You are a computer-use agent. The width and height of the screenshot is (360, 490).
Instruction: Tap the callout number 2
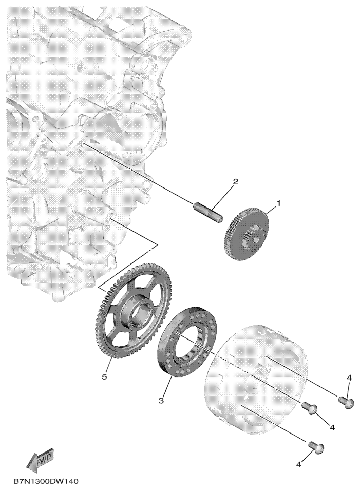tap(236, 181)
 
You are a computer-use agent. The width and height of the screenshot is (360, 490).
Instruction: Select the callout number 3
tap(161, 401)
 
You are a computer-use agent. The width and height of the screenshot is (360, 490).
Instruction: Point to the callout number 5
tap(104, 376)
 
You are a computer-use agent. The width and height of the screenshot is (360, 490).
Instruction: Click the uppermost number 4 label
tap(349, 378)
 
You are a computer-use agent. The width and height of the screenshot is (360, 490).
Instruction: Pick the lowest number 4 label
tap(298, 465)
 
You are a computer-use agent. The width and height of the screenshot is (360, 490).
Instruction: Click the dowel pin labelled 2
tap(207, 213)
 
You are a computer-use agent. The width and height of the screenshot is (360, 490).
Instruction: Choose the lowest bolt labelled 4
tap(316, 447)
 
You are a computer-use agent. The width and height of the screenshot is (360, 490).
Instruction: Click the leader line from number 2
tap(222, 198)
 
